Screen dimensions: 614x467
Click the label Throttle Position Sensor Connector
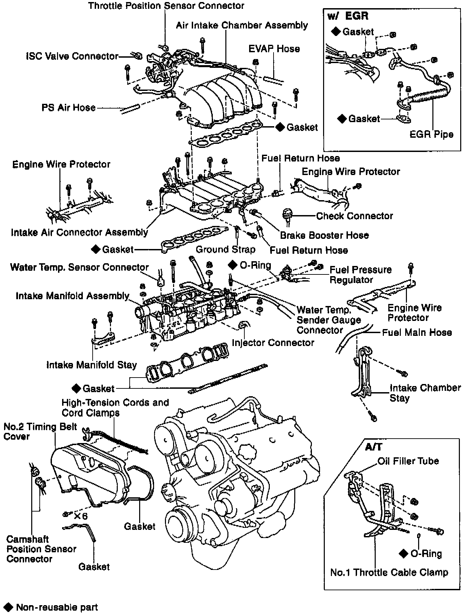coord(166,6)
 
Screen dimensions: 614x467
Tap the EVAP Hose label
coord(274,49)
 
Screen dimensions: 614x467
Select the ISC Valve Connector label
coord(72,56)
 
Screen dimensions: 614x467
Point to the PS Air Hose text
coord(69,108)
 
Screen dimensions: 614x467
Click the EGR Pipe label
coord(431,134)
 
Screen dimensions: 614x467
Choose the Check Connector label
coord(354,216)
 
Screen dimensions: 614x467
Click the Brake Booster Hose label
coord(324,235)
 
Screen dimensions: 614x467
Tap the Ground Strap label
coord(225,250)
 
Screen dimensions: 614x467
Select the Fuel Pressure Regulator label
coord(360,275)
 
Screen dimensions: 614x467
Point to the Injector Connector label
coord(273,343)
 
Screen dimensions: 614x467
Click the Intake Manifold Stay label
coord(92,365)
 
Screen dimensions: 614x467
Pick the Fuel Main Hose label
coord(417,332)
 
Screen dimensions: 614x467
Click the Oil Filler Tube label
coord(408,461)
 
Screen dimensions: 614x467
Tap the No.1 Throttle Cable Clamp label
coord(389,573)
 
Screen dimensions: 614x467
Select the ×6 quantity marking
coord(80,516)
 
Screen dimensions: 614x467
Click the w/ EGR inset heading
coord(348,16)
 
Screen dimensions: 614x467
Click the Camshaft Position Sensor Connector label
coord(41,549)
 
